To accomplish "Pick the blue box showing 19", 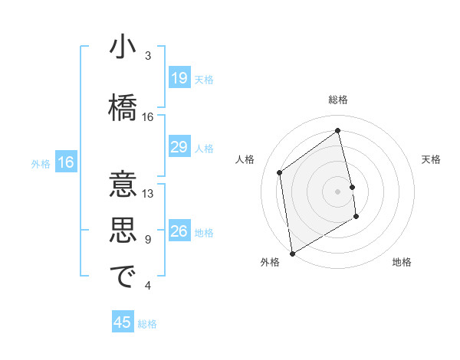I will click(179, 78).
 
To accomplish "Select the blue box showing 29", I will click(179, 147).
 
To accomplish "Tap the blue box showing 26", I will click(179, 232).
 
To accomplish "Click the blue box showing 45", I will click(123, 322).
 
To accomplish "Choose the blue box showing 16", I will click(66, 162).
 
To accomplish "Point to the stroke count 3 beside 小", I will click(147, 56).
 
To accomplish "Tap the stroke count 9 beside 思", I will click(147, 240).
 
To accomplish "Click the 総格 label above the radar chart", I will click(338, 100).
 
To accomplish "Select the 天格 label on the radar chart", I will click(431, 159).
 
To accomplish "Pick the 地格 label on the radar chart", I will click(402, 263).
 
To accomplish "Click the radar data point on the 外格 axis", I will click(292, 253).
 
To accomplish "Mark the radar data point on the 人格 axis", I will click(280, 172).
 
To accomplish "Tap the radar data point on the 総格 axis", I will click(338, 131).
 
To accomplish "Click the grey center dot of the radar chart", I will click(338, 191).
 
